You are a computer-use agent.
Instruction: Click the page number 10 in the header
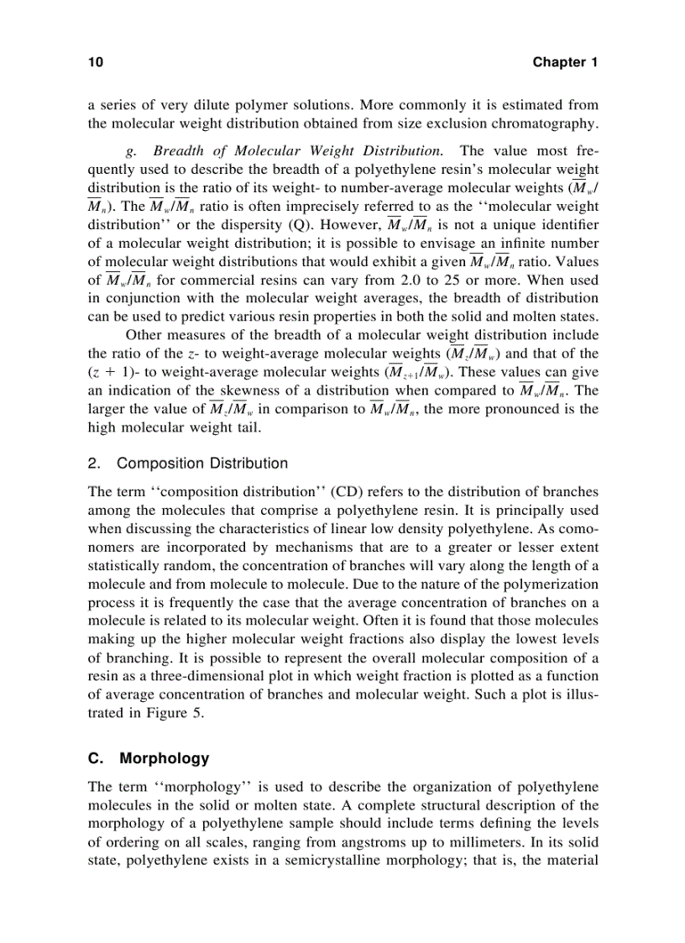click(95, 63)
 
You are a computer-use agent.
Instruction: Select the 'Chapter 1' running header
click(564, 63)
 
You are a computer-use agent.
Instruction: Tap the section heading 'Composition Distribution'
click(201, 464)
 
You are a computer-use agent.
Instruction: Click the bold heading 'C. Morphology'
click(149, 758)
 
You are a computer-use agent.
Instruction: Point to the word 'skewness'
click(248, 390)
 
